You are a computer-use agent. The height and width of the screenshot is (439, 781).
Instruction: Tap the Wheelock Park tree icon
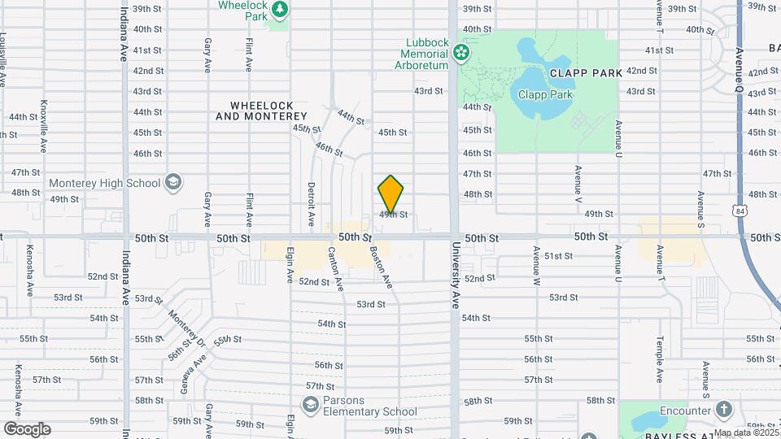(280, 10)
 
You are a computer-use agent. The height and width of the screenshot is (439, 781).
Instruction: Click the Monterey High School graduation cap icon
(172, 183)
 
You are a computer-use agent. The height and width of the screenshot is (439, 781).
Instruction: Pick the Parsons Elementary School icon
(310, 404)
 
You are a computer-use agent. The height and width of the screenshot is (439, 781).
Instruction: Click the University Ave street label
(456, 277)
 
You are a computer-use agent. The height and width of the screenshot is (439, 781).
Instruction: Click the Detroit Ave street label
(311, 203)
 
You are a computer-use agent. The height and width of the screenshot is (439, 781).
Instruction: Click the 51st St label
(560, 256)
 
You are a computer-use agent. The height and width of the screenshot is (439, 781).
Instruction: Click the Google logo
(27, 429)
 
